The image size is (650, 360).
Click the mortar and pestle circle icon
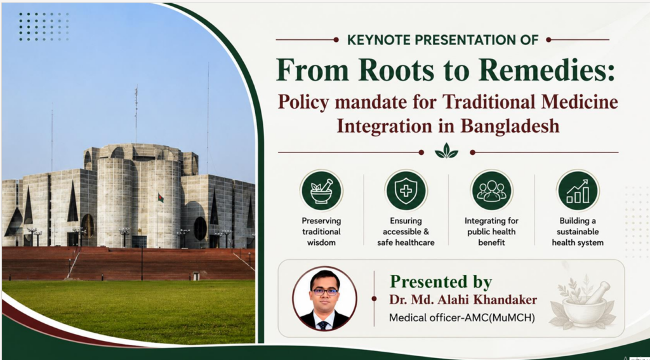coord(321,190)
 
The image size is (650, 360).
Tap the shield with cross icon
coord(406,190)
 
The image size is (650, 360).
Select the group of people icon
coord(492,190)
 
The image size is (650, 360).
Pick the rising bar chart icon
coord(578,190)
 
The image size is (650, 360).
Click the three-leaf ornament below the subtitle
coord(446,151)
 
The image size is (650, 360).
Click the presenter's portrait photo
coord(324,298)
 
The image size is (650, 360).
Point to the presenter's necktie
coord(323,324)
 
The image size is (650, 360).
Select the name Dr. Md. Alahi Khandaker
coord(463,300)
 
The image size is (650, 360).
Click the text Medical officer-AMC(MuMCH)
coord(462,318)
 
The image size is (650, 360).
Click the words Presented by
coord(441,282)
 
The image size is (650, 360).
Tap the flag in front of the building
coord(161,198)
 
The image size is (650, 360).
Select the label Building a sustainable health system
coord(578,231)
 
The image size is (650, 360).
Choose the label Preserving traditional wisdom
coord(321,231)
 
